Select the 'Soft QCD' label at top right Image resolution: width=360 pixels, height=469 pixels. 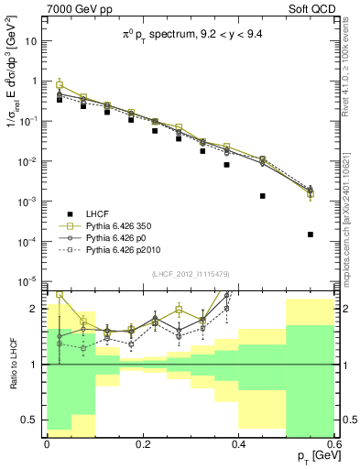pyautogui.click(x=317, y=9)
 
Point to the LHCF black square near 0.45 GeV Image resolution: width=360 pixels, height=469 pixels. pyautogui.click(x=262, y=196)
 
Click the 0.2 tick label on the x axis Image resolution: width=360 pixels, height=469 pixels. pyautogui.click(x=143, y=443)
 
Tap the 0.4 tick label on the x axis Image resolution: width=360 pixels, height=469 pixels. pyautogui.click(x=239, y=443)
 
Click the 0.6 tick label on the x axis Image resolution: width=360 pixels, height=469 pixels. pyautogui.click(x=334, y=443)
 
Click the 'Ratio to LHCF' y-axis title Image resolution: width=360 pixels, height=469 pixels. pyautogui.click(x=11, y=364)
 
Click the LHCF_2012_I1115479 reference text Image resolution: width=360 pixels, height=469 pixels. pyautogui.click(x=190, y=275)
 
